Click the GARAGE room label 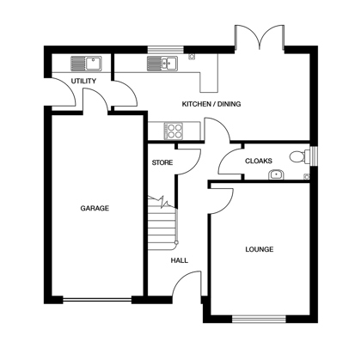point(95,208)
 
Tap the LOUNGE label point(260,249)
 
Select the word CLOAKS point(259,161)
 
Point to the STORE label point(162,162)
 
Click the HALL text point(180,260)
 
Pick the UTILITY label point(83,81)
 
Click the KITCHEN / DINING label point(211,104)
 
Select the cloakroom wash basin point(276,174)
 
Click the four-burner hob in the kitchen point(174,131)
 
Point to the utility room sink point(86,64)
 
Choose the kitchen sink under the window point(162,64)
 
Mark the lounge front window point(259,319)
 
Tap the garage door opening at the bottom point(97,300)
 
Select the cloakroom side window point(315,156)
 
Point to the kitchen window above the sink point(166,50)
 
